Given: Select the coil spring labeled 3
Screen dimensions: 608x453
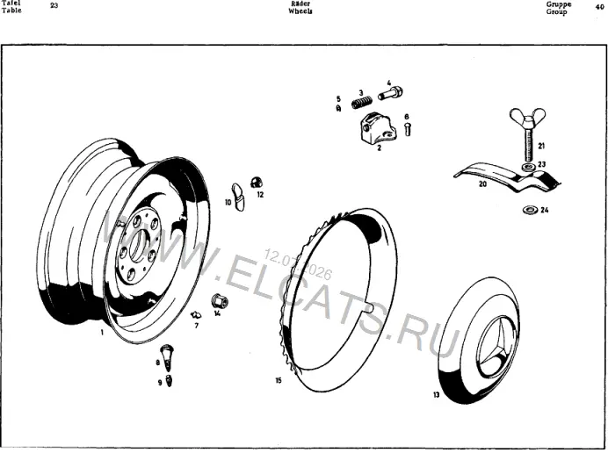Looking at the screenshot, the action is tap(362, 103).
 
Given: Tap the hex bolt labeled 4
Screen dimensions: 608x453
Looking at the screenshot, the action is tap(390, 93).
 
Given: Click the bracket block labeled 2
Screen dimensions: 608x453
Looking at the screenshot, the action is tap(379, 128).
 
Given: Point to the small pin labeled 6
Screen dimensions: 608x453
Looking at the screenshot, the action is tap(407, 129).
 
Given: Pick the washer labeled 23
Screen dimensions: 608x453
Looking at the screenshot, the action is tap(529, 167).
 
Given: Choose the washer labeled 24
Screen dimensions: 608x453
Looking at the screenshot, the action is tap(529, 210).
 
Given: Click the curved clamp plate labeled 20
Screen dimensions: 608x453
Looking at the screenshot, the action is tap(507, 176).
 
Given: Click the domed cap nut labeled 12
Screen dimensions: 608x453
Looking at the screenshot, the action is tap(257, 182).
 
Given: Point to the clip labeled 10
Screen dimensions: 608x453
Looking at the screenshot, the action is tap(238, 196).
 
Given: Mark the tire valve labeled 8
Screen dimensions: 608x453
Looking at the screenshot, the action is tap(167, 357).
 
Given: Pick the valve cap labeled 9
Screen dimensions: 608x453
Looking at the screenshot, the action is tap(169, 380).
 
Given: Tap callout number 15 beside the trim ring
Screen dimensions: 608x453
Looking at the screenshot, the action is tap(279, 380).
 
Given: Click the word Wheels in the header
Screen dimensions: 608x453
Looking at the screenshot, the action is tap(300, 11).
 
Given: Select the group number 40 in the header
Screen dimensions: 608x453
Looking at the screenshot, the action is tap(599, 7).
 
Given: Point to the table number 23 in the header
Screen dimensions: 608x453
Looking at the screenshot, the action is tap(54, 6).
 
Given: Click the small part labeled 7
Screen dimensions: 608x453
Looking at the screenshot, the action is tap(196, 314).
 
